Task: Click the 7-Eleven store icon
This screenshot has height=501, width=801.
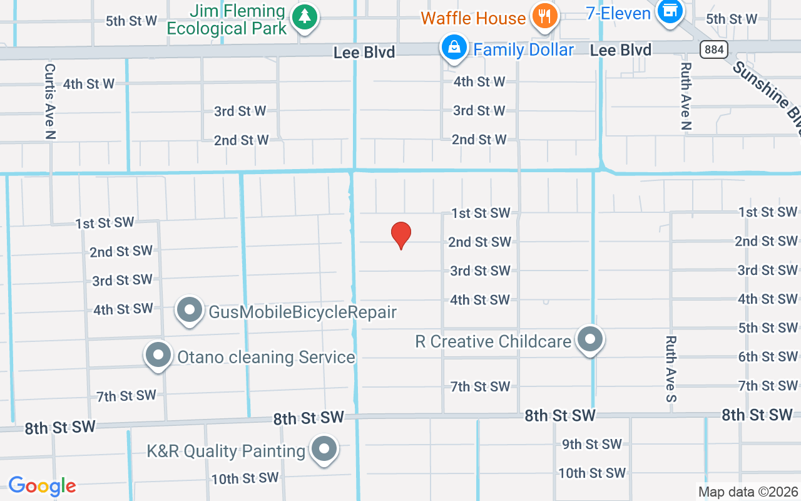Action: point(670,11)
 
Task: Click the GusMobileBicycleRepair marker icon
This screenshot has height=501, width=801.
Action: point(190,309)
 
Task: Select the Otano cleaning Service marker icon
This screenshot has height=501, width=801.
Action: point(158,354)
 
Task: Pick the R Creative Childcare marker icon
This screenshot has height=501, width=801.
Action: point(589,339)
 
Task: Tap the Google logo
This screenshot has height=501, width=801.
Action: point(42,486)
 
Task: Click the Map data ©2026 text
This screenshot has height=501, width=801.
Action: point(748,492)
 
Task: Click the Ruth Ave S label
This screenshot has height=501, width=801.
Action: point(671,369)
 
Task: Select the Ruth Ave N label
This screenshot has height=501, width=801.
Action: point(686,96)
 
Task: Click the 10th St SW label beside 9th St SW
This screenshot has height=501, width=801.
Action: point(591,473)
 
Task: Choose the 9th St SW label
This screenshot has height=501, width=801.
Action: point(591,444)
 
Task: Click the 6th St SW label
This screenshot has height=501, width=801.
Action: point(768,356)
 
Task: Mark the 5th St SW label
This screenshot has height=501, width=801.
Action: point(768,328)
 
